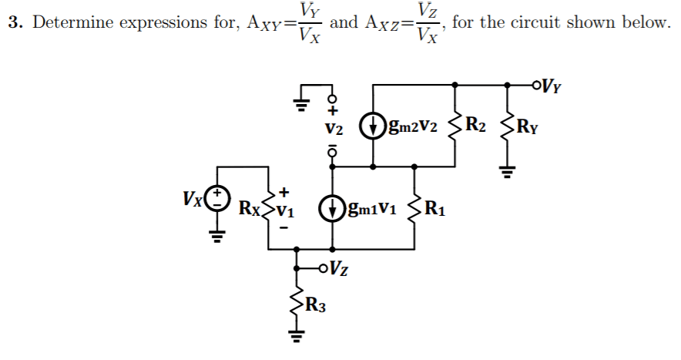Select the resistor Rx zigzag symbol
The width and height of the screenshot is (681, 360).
coord(268,206)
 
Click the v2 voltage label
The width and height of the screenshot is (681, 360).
coord(333,127)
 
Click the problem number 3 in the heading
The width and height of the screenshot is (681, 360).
coord(13,22)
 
